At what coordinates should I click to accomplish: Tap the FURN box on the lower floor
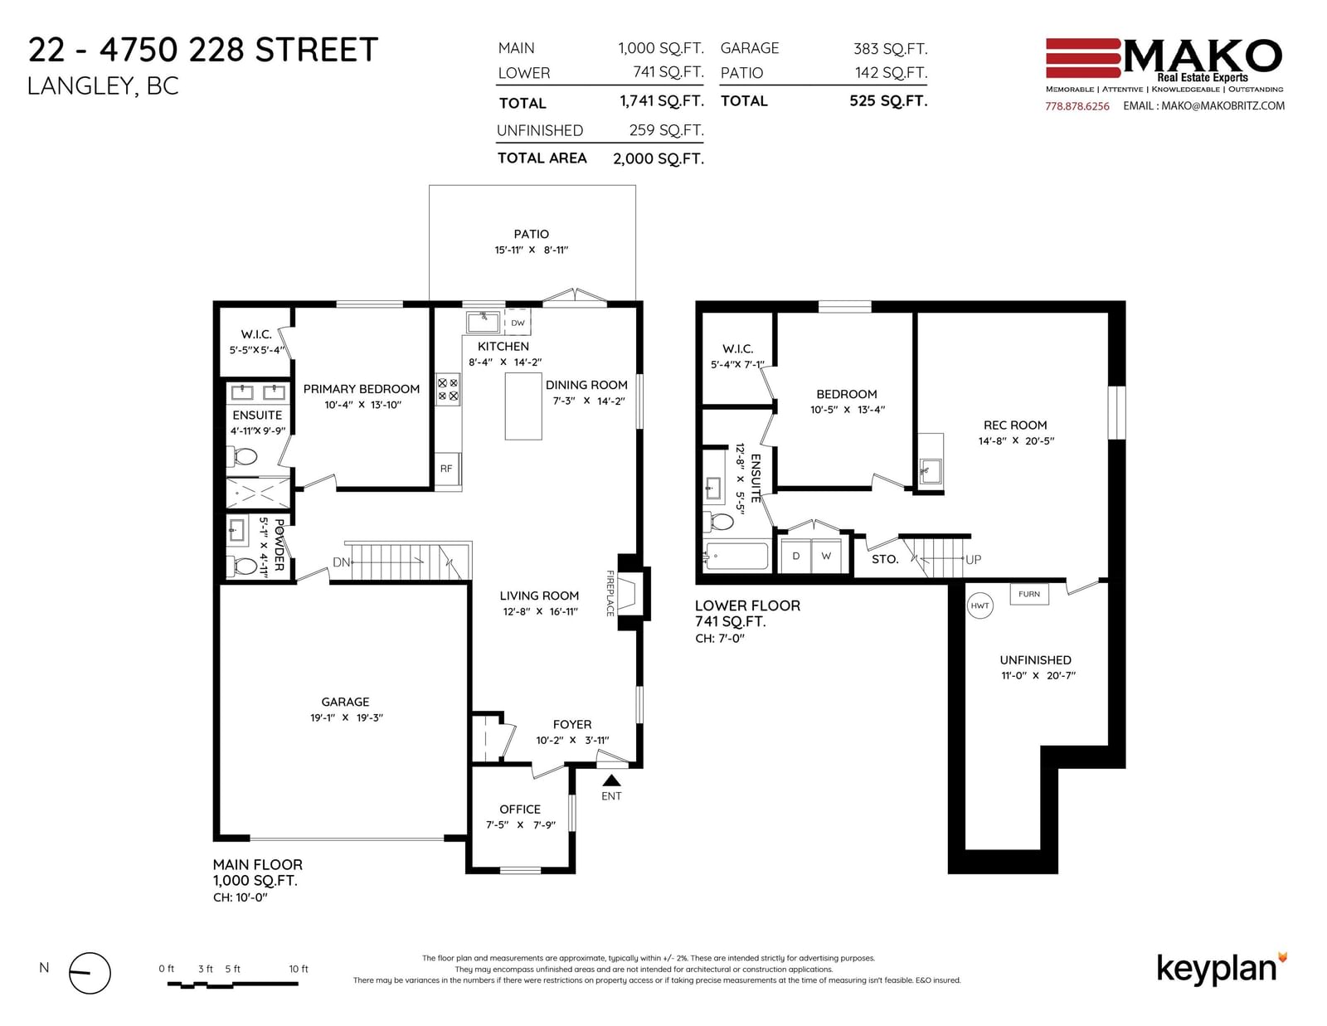pos(1028,594)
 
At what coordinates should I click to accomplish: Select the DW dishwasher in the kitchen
pos(518,322)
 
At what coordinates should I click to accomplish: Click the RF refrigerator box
pos(447,469)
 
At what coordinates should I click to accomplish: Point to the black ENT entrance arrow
pos(611,780)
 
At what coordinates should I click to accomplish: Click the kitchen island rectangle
pos(523,406)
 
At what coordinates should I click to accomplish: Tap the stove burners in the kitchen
pos(448,390)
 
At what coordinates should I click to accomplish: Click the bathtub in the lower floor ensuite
pos(736,557)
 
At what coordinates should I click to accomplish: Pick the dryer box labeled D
pos(795,556)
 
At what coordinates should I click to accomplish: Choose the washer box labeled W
pos(825,556)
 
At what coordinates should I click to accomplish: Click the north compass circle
pos(90,973)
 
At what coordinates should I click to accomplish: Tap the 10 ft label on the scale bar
pos(299,969)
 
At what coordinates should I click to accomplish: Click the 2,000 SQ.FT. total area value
pos(659,158)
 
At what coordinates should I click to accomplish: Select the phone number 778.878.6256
pos(1077,106)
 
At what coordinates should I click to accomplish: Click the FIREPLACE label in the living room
pos(610,593)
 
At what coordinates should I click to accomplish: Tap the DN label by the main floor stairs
pos(342,562)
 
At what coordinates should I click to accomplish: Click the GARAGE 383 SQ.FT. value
pos(890,49)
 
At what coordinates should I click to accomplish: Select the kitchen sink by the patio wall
pos(483,322)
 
